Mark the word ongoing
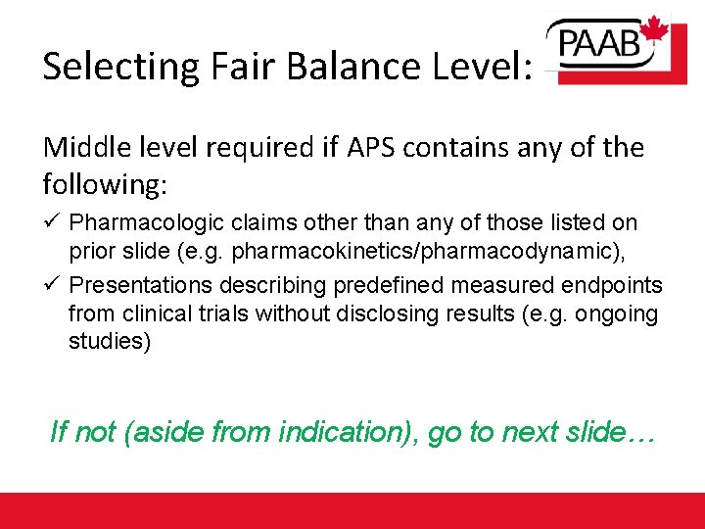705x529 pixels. pos(626,314)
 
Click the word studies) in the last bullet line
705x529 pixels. pos(110,344)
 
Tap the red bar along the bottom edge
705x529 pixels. pos(352,510)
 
